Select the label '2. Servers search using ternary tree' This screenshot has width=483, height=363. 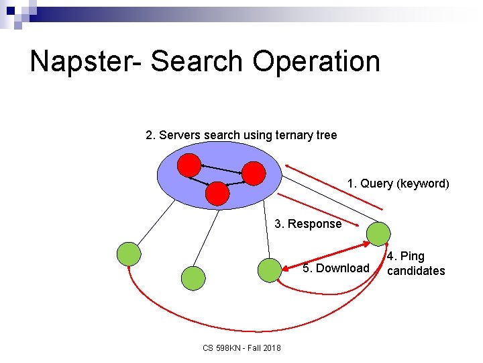(x=241, y=135)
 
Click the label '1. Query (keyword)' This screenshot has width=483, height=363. (x=398, y=184)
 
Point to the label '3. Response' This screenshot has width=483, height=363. (x=308, y=224)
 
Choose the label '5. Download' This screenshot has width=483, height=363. (x=335, y=268)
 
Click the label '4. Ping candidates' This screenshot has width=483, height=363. (x=415, y=264)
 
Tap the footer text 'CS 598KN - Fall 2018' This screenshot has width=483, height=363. (x=241, y=348)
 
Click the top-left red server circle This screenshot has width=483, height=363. (x=189, y=165)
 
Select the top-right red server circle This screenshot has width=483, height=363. (x=254, y=173)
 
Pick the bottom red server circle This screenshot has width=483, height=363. (x=217, y=193)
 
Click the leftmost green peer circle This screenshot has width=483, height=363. (x=129, y=254)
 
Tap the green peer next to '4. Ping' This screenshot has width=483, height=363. (x=378, y=234)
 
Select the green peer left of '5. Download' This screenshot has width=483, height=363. (x=269, y=270)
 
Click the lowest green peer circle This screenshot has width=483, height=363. (x=193, y=278)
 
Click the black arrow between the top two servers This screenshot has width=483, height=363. (x=221, y=168)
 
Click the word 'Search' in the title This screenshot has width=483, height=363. (x=199, y=62)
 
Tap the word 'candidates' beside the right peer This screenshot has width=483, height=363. (x=416, y=271)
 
